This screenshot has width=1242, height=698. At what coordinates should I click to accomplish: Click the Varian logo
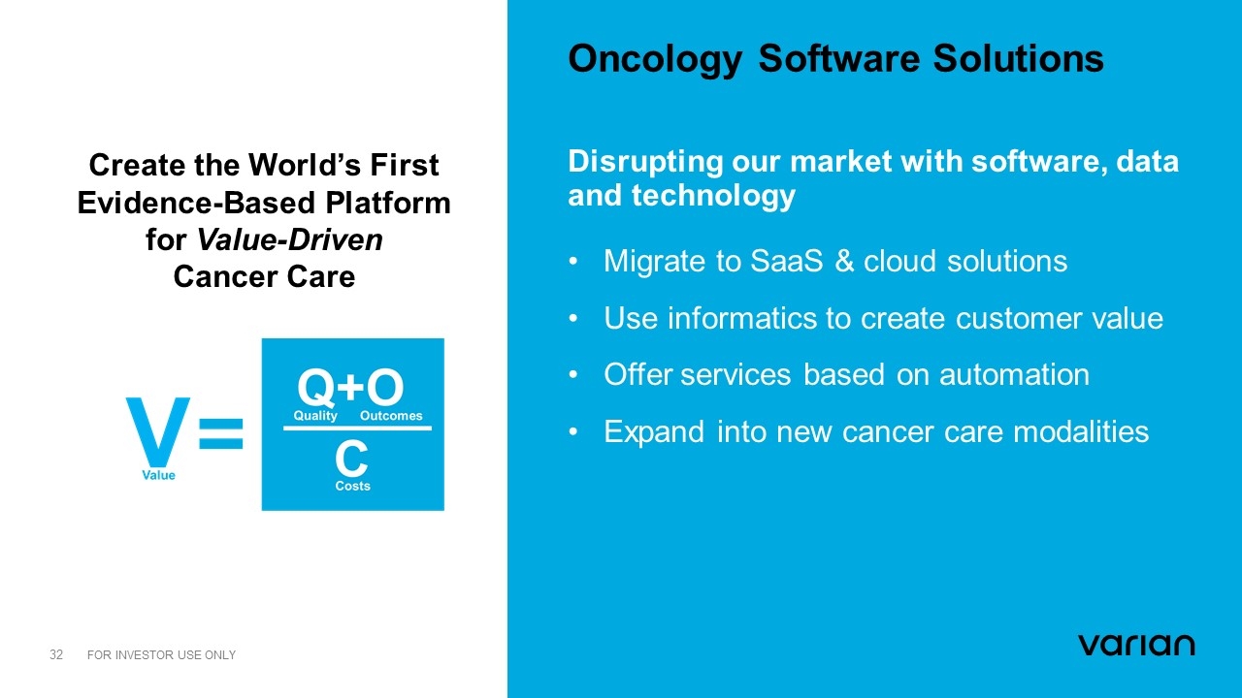click(x=1136, y=646)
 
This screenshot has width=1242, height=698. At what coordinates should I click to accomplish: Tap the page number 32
click(x=56, y=654)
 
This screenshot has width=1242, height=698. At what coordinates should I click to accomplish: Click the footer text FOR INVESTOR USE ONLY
click(x=161, y=654)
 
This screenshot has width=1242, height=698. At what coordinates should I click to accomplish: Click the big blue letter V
click(x=158, y=432)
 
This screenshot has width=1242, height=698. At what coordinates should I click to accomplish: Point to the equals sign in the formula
click(x=220, y=433)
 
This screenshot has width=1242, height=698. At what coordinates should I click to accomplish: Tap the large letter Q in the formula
click(x=316, y=387)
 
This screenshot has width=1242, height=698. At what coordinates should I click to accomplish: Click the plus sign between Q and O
click(x=350, y=386)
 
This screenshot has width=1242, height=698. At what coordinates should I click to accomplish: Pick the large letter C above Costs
click(x=351, y=459)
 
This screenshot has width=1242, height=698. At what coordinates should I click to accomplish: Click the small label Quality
click(x=315, y=416)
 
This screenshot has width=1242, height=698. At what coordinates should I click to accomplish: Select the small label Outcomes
click(x=391, y=416)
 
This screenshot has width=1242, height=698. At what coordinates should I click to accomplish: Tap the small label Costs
click(x=352, y=486)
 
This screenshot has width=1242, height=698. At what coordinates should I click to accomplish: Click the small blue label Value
click(x=158, y=475)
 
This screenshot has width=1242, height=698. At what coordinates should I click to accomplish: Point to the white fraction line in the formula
click(x=358, y=428)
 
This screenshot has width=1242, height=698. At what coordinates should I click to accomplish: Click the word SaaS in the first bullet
click(x=786, y=261)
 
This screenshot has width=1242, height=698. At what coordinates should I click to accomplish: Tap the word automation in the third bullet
click(x=1014, y=375)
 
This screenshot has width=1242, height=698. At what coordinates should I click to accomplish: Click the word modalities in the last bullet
click(x=1081, y=432)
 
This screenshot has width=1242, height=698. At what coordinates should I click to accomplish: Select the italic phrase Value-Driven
click(x=290, y=239)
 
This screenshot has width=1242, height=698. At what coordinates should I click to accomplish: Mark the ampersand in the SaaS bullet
click(x=844, y=261)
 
